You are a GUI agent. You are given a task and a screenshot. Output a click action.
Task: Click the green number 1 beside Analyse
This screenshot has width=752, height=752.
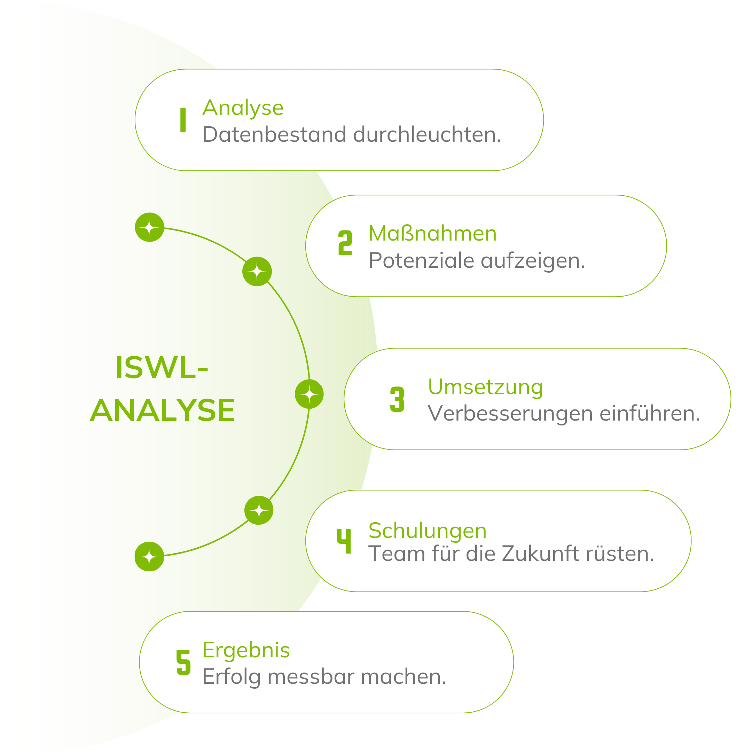(x=182, y=120)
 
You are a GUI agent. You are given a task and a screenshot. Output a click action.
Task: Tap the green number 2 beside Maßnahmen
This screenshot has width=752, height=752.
(x=345, y=243)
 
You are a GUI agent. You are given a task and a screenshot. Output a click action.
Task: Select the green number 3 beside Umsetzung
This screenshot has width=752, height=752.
(x=397, y=399)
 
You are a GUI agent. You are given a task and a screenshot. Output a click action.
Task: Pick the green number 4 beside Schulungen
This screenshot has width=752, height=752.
(x=344, y=541)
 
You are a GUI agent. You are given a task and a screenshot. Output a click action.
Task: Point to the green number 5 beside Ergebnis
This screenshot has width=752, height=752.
(x=183, y=662)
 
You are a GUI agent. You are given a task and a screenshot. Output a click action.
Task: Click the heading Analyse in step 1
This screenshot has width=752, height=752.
(x=243, y=108)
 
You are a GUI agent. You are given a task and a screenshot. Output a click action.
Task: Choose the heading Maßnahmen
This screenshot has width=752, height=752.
(x=432, y=234)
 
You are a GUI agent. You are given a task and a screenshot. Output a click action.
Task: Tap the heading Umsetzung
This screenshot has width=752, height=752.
(x=485, y=387)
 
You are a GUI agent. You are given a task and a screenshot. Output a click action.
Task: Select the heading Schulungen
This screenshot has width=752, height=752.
(x=428, y=531)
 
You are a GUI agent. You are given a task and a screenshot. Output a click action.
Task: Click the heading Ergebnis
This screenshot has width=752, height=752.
(x=246, y=650)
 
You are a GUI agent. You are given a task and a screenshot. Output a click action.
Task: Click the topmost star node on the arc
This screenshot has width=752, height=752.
(x=149, y=227)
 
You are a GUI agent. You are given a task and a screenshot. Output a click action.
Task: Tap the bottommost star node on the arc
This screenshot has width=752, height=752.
(x=149, y=556)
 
